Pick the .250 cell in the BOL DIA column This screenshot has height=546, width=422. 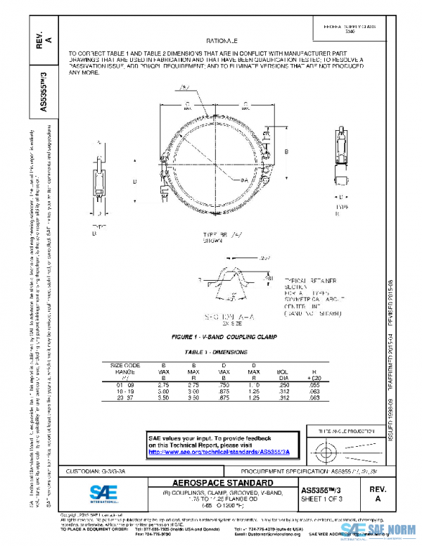tap(282, 386)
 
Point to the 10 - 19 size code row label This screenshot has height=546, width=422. tap(126, 391)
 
